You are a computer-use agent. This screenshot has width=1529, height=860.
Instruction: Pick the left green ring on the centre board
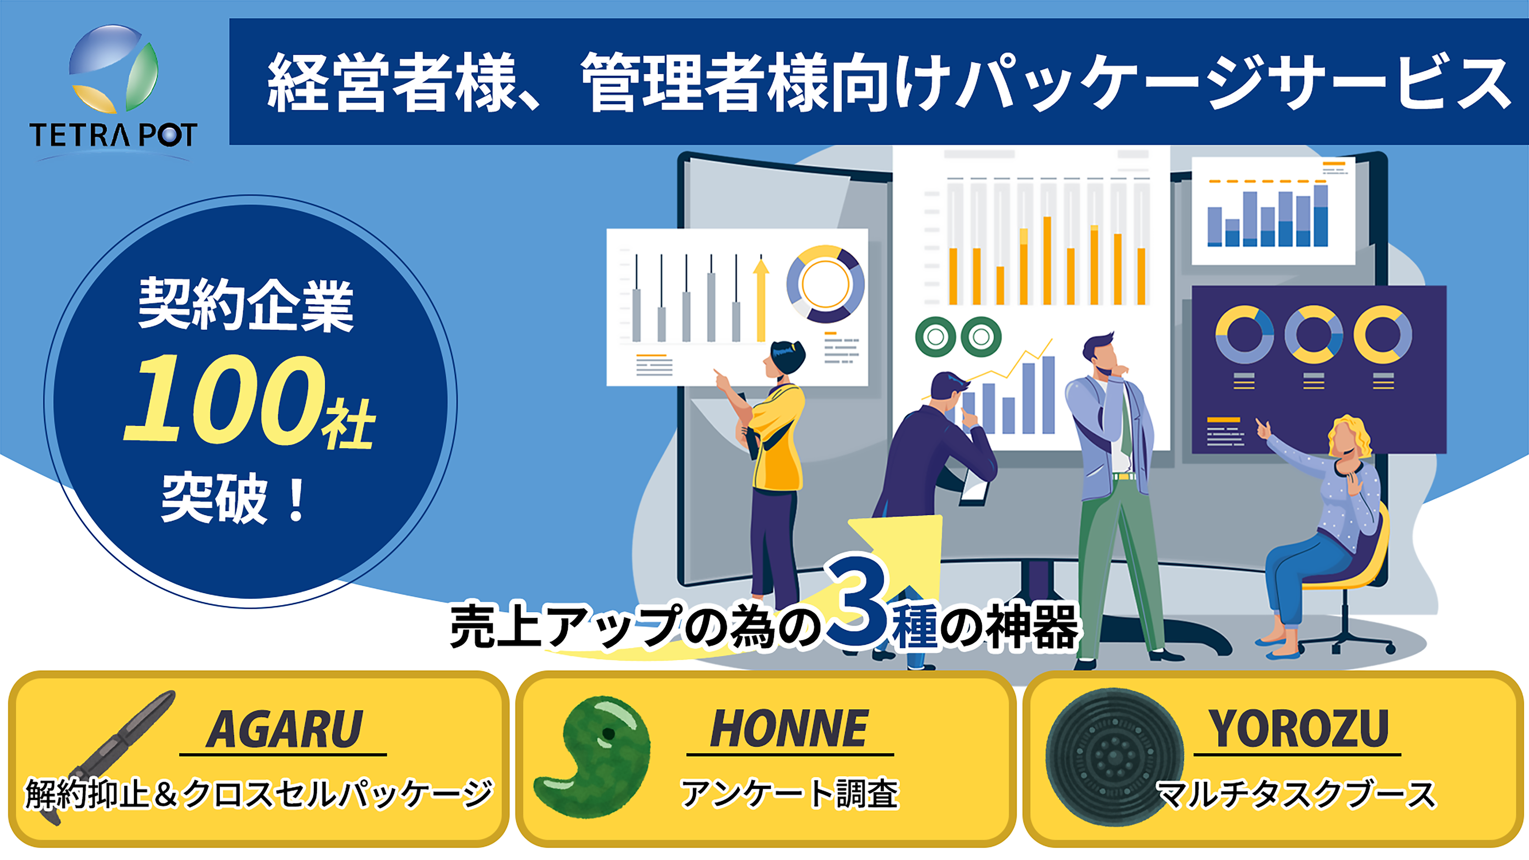(x=935, y=337)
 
